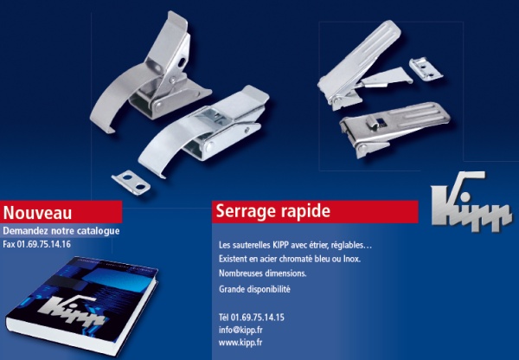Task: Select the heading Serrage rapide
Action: [x=272, y=211]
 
